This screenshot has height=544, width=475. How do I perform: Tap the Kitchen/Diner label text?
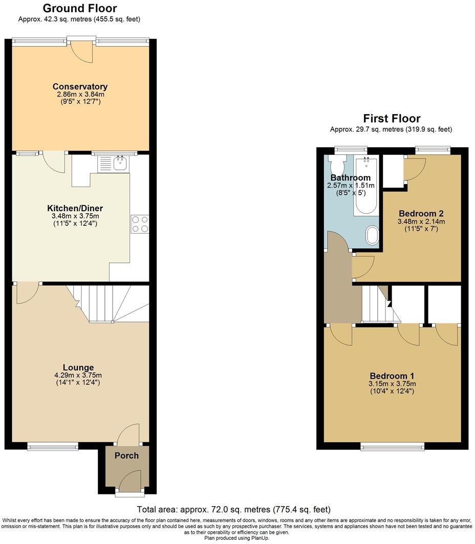pos(75,208)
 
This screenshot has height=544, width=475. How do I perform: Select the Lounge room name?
pos(78,367)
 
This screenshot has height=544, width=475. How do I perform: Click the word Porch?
pos(126,455)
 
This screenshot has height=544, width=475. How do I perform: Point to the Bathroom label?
pos(351,177)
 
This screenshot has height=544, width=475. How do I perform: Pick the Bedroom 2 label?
pos(421,213)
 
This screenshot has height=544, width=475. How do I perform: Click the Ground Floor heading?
pos(79,8)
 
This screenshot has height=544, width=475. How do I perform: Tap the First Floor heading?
pos(392,119)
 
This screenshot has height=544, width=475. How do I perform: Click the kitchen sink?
pos(121,164)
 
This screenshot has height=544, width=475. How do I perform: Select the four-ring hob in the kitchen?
pos(140,224)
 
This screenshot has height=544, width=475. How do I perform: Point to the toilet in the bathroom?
pos(337,165)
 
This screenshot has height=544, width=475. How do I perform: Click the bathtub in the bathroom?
pos(366,187)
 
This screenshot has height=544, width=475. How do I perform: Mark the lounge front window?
pos(53,446)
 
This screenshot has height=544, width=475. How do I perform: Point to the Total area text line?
pos(233,509)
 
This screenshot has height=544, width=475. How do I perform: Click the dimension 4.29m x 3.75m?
pos(78,375)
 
